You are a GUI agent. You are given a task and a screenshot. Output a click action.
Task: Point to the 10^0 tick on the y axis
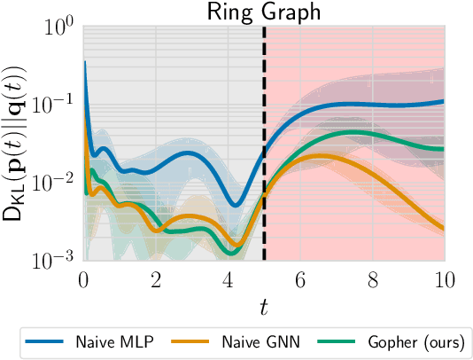coord(59,27)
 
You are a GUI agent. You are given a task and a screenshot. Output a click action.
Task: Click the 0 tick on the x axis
coord(83,279)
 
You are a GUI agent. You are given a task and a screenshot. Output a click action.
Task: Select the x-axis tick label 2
coord(156,279)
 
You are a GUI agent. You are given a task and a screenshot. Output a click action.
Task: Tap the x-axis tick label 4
coord(228,279)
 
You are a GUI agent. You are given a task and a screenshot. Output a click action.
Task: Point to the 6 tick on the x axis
coord(300,279)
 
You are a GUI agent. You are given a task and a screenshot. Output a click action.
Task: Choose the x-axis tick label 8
coord(372,279)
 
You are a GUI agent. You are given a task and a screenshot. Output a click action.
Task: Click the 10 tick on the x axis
coord(444,279)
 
